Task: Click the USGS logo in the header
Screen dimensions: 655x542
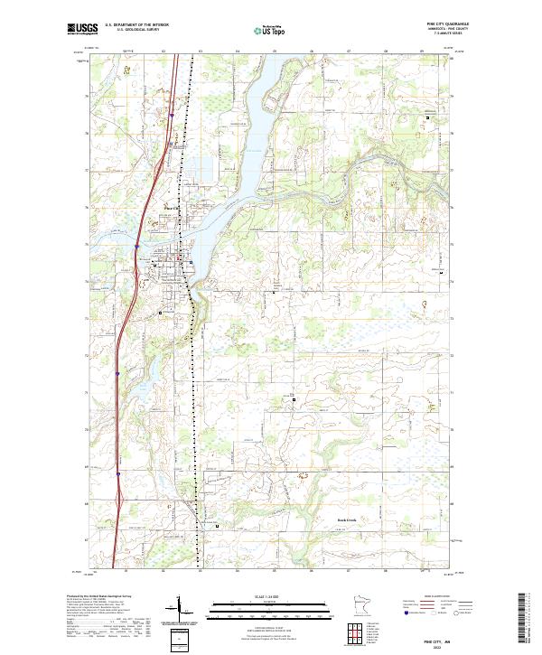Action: (82, 29)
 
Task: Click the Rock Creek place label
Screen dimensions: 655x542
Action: (349, 521)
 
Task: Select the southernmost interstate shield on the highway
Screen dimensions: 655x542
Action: (118, 472)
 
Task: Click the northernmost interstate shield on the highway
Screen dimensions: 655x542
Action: (136, 245)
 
